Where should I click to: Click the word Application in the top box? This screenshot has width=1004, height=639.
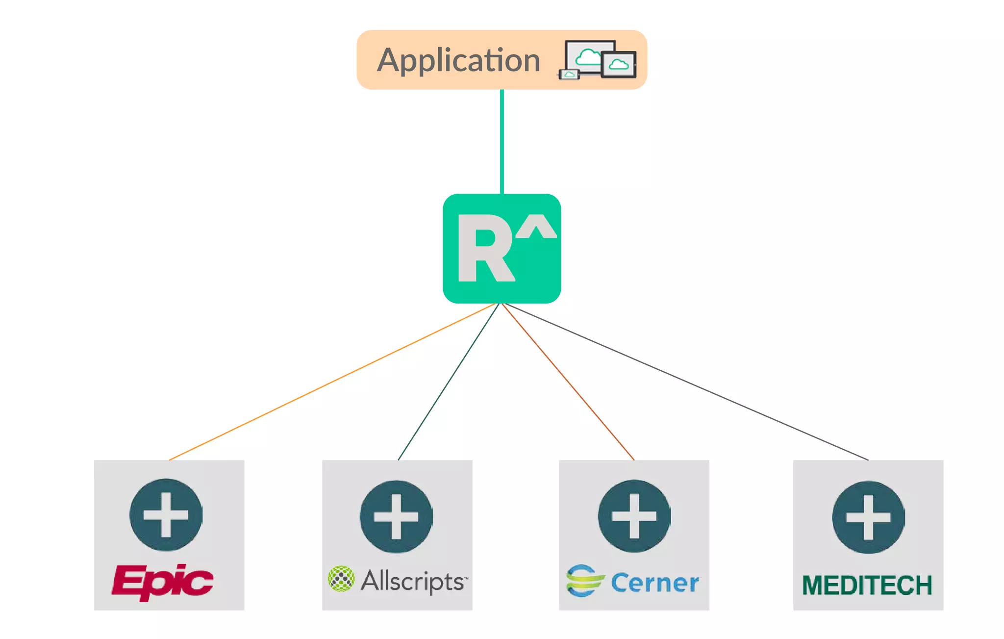point(458,61)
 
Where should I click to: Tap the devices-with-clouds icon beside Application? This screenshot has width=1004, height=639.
point(597,59)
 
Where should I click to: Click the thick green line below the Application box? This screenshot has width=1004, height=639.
point(502,141)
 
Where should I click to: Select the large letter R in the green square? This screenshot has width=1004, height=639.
point(485,248)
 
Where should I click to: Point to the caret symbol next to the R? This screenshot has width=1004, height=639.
point(536,226)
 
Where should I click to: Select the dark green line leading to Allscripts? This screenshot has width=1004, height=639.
point(449,382)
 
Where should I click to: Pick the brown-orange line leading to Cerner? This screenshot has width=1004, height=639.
point(568,382)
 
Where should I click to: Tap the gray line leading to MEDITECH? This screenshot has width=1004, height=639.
point(686,382)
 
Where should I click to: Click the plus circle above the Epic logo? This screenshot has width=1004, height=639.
point(166,515)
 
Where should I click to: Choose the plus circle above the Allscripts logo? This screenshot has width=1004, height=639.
point(396,516)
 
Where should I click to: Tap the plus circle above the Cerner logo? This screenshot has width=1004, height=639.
point(634,516)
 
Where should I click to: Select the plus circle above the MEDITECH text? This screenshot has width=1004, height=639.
point(869,517)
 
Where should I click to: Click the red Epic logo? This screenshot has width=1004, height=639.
point(163,582)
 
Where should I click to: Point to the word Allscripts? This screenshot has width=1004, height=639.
point(414,581)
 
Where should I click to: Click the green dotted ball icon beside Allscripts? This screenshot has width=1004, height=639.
point(341,579)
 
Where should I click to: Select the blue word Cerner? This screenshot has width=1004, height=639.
point(655,583)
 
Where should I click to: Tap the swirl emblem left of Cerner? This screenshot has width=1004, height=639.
point(585,581)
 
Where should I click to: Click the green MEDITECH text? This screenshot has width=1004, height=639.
point(867,586)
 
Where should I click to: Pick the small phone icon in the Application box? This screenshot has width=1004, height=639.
point(569,75)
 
